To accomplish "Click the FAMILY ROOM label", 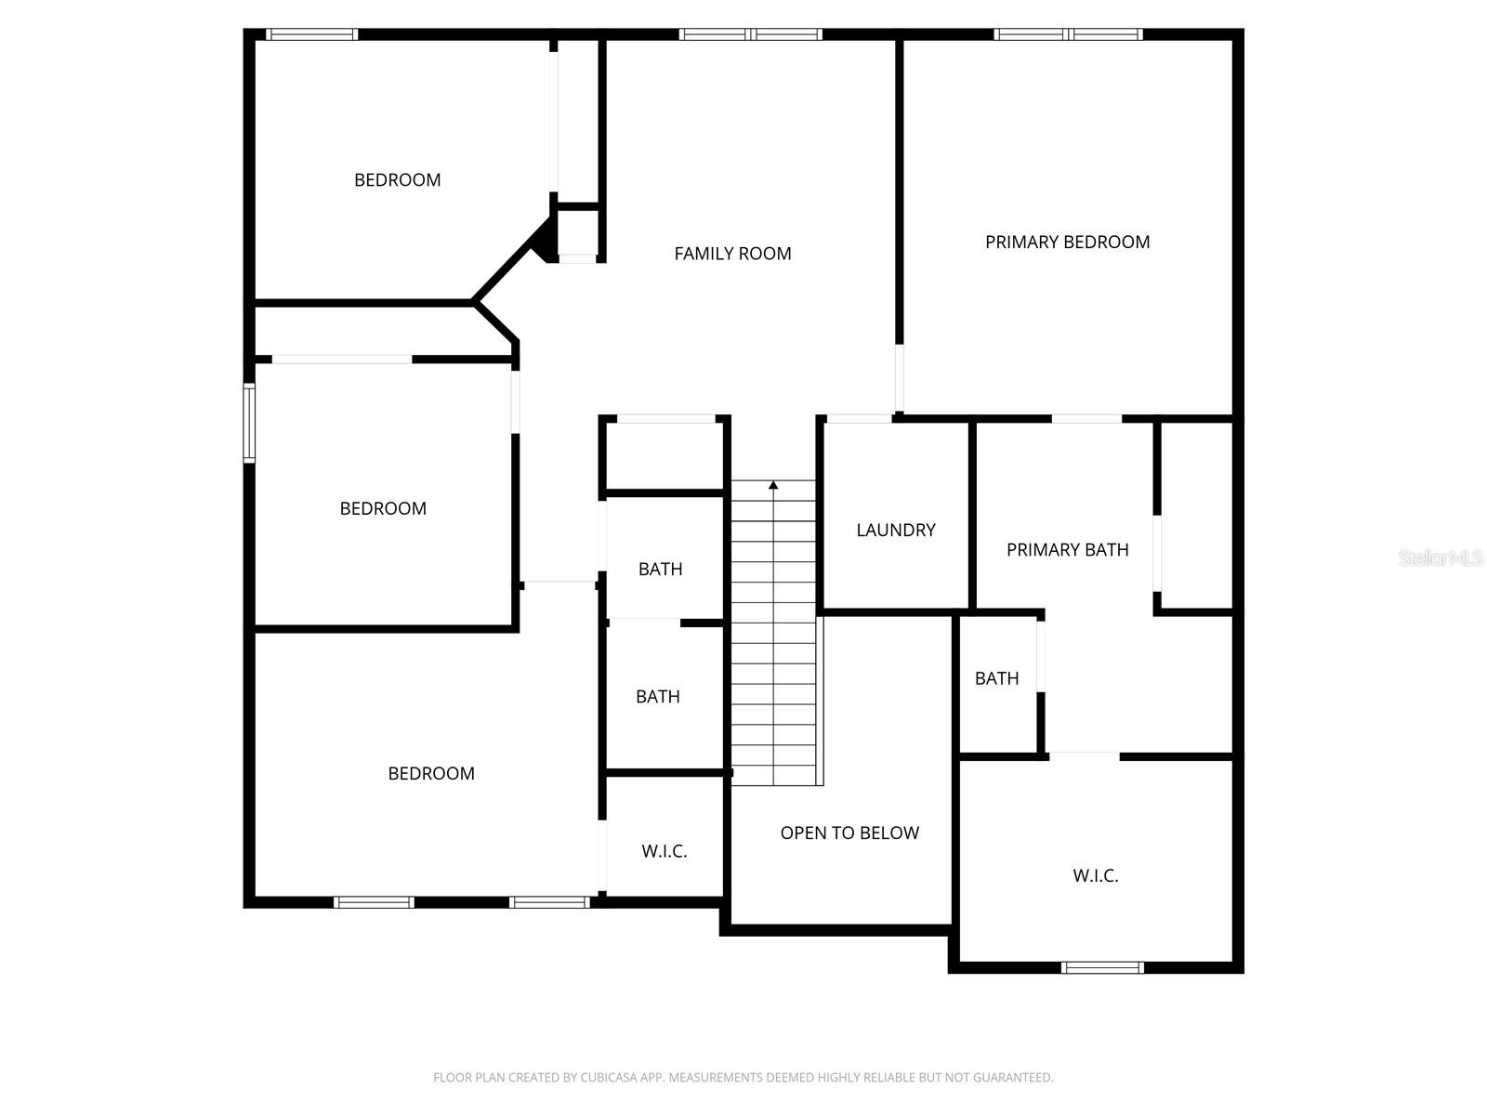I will (x=732, y=254).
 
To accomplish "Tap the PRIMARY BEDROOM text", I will (x=1067, y=243).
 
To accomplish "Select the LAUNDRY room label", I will (x=895, y=531).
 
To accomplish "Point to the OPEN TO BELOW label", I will (x=849, y=833).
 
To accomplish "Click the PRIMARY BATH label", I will (x=1067, y=550).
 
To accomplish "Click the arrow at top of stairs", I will (x=773, y=485).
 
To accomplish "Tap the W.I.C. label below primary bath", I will (x=1095, y=875).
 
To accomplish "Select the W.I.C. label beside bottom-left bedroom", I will (x=664, y=851).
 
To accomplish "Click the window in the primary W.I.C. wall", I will (x=1102, y=967).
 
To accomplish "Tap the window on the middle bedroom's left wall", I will (x=249, y=424).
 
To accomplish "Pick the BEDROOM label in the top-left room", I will (x=397, y=180).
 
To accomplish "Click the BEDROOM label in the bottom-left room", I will (x=431, y=774).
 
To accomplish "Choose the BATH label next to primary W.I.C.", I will (x=996, y=679).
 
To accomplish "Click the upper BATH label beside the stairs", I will (x=660, y=570).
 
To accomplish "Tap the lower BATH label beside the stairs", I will (x=657, y=697).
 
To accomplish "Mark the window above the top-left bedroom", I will (x=311, y=35).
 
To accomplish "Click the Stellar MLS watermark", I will (x=1441, y=558).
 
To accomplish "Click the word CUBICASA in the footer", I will (x=610, y=1078).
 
